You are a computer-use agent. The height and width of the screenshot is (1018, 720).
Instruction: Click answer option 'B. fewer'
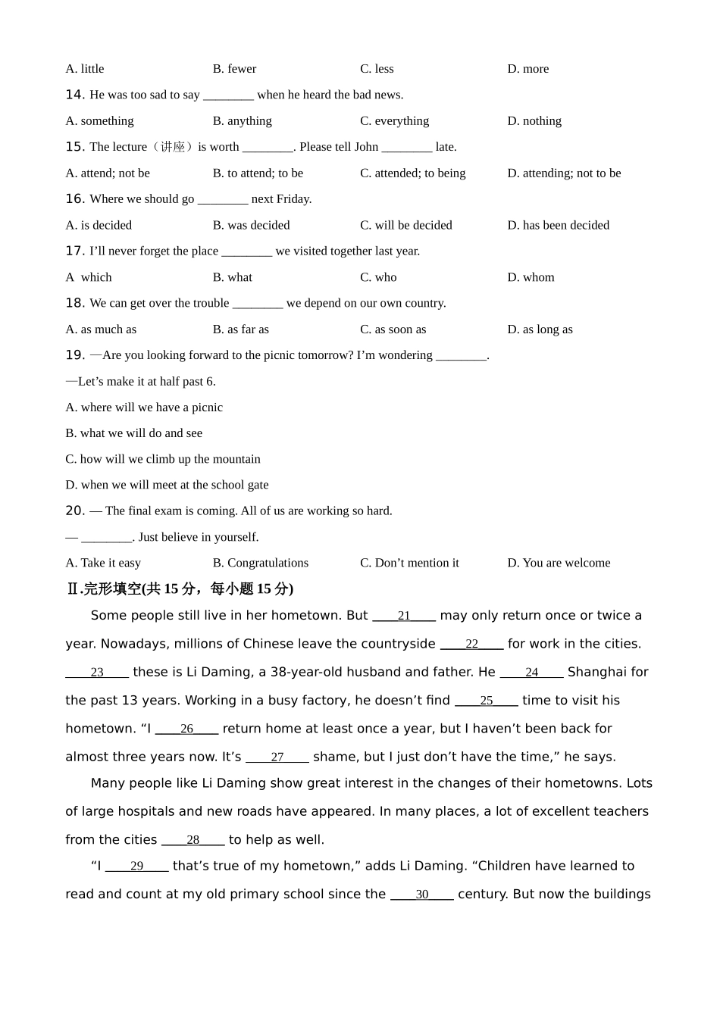pyautogui.click(x=234, y=69)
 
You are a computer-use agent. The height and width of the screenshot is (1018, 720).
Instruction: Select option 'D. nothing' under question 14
pyautogui.click(x=534, y=121)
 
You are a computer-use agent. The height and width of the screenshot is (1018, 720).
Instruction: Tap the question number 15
pyautogui.click(x=75, y=147)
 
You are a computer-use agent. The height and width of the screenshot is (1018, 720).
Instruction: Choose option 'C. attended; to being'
pyautogui.click(x=412, y=173)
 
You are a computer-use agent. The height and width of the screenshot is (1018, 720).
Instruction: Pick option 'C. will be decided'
pyautogui.click(x=405, y=226)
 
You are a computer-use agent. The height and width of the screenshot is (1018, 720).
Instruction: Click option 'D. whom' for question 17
pyautogui.click(x=531, y=278)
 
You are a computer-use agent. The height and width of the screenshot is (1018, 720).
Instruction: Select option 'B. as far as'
pyautogui.click(x=240, y=329)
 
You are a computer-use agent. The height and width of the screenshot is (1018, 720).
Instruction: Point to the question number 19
pyautogui.click(x=75, y=355)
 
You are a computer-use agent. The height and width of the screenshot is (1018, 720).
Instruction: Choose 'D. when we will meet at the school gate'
pyautogui.click(x=167, y=485)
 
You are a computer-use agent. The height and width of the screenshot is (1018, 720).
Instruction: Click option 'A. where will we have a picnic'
pyautogui.click(x=144, y=408)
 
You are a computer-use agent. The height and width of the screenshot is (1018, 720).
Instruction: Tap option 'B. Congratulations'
pyautogui.click(x=260, y=563)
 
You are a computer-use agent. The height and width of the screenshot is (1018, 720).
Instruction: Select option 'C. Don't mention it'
pyautogui.click(x=409, y=563)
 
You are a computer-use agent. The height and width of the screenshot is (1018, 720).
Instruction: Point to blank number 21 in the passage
pyautogui.click(x=404, y=617)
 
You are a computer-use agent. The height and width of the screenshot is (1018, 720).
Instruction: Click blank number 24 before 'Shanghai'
pyautogui.click(x=532, y=673)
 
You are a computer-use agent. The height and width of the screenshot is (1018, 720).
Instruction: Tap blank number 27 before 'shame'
pyautogui.click(x=277, y=757)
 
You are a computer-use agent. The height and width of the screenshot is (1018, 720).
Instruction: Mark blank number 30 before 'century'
pyautogui.click(x=422, y=895)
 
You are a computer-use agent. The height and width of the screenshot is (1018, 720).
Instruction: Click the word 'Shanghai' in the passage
pyautogui.click(x=599, y=672)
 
